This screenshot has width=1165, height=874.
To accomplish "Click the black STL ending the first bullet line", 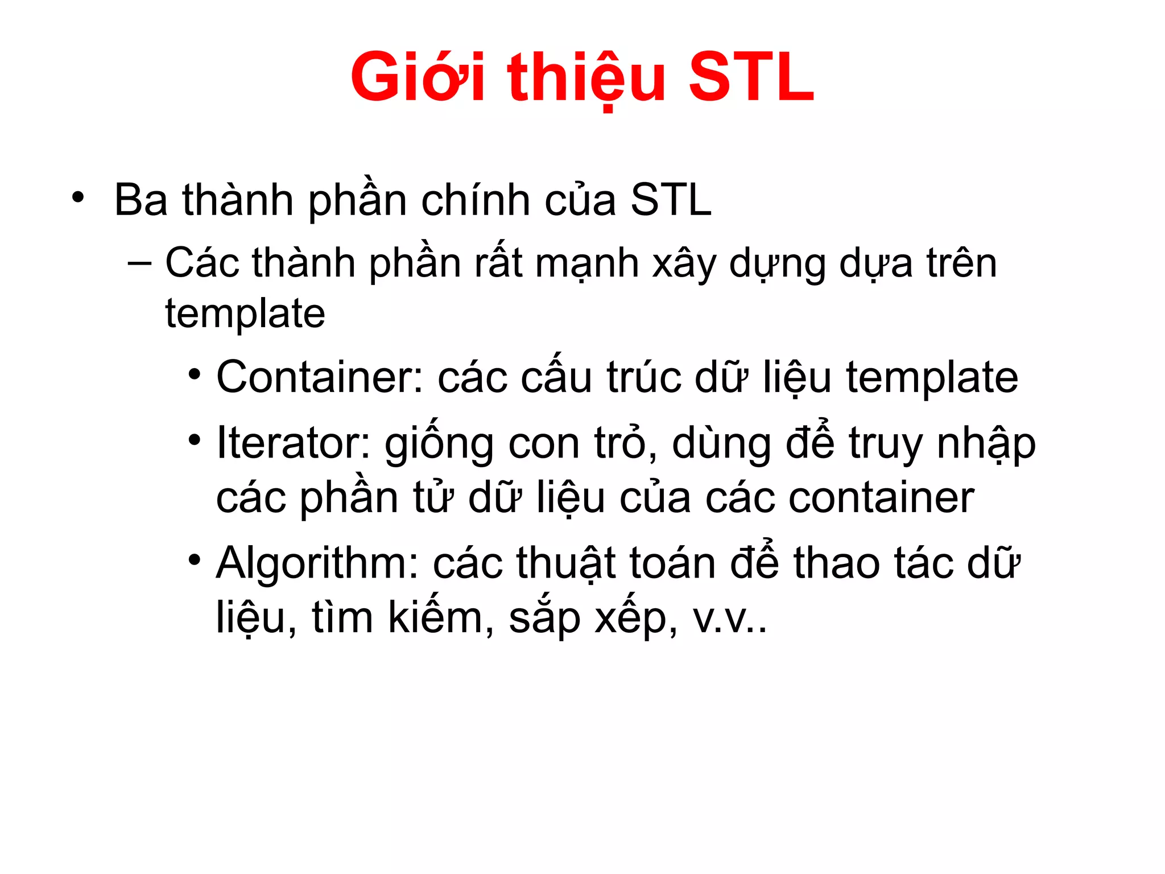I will click(x=671, y=200).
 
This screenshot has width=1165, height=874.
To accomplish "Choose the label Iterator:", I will click(x=294, y=443).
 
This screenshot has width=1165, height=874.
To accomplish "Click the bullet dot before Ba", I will click(x=78, y=197).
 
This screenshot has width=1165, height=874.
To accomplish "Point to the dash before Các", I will click(x=140, y=263).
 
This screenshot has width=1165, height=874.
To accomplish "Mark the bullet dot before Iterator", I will click(x=195, y=439).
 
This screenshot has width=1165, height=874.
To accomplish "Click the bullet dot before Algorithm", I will click(x=195, y=560).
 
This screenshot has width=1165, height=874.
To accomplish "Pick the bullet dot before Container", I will click(x=195, y=374).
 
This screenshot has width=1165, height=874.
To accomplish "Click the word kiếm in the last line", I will click(x=435, y=617).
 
